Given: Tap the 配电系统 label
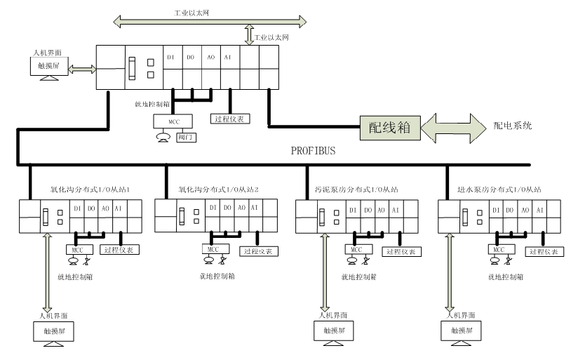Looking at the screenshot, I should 513,126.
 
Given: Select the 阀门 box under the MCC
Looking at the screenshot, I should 186,138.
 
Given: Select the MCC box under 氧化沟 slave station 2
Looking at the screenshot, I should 210,248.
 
